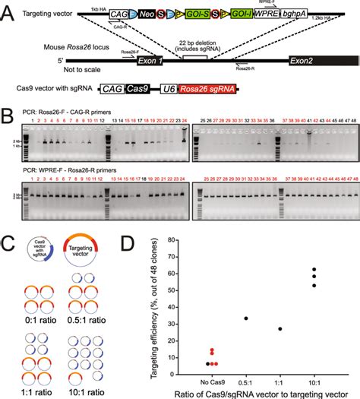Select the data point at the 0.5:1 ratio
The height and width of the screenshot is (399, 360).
point(245,318)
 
